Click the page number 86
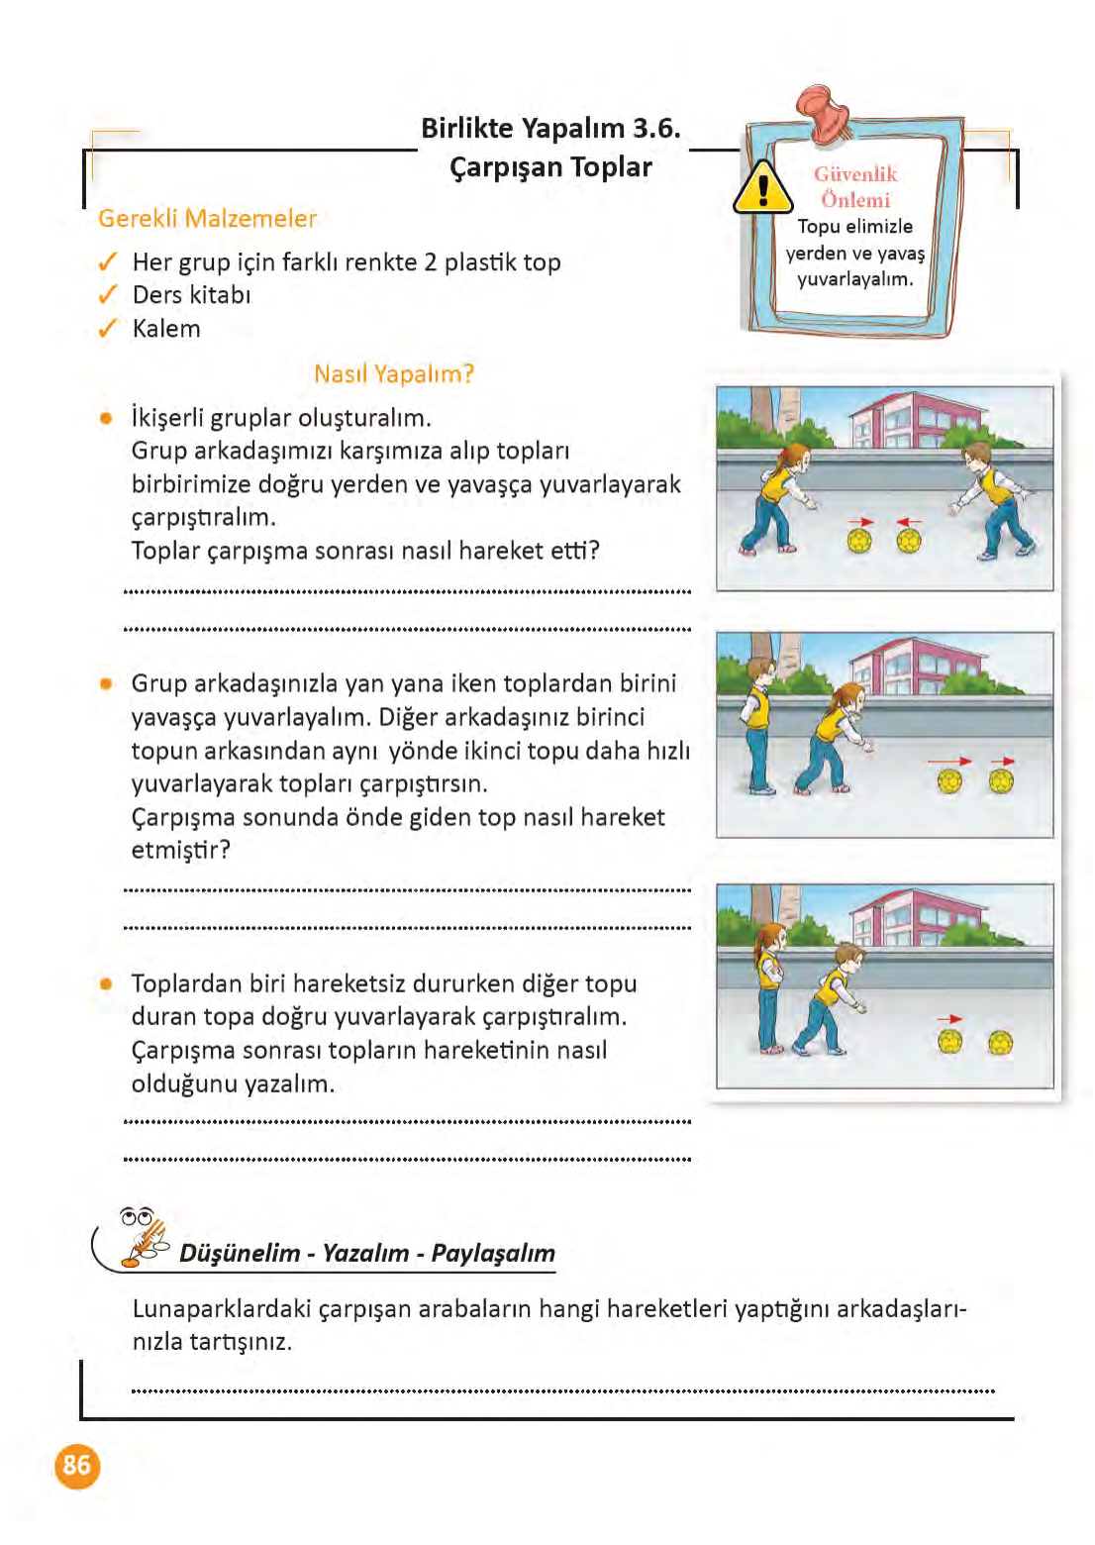[77, 1465]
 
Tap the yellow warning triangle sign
[762, 188]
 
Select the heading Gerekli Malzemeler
[207, 218]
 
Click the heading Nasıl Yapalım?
[394, 373]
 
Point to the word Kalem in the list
[166, 329]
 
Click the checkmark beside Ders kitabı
[108, 295]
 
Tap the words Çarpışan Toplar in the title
[550, 166]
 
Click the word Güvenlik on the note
[855, 174]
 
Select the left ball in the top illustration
[859, 540]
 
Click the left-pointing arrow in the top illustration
[909, 521]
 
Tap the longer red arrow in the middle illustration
[949, 761]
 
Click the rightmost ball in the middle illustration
[1001, 781]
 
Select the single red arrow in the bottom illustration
[949, 1018]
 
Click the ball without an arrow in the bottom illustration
[1001, 1042]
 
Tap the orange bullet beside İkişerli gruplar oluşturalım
[106, 418]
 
